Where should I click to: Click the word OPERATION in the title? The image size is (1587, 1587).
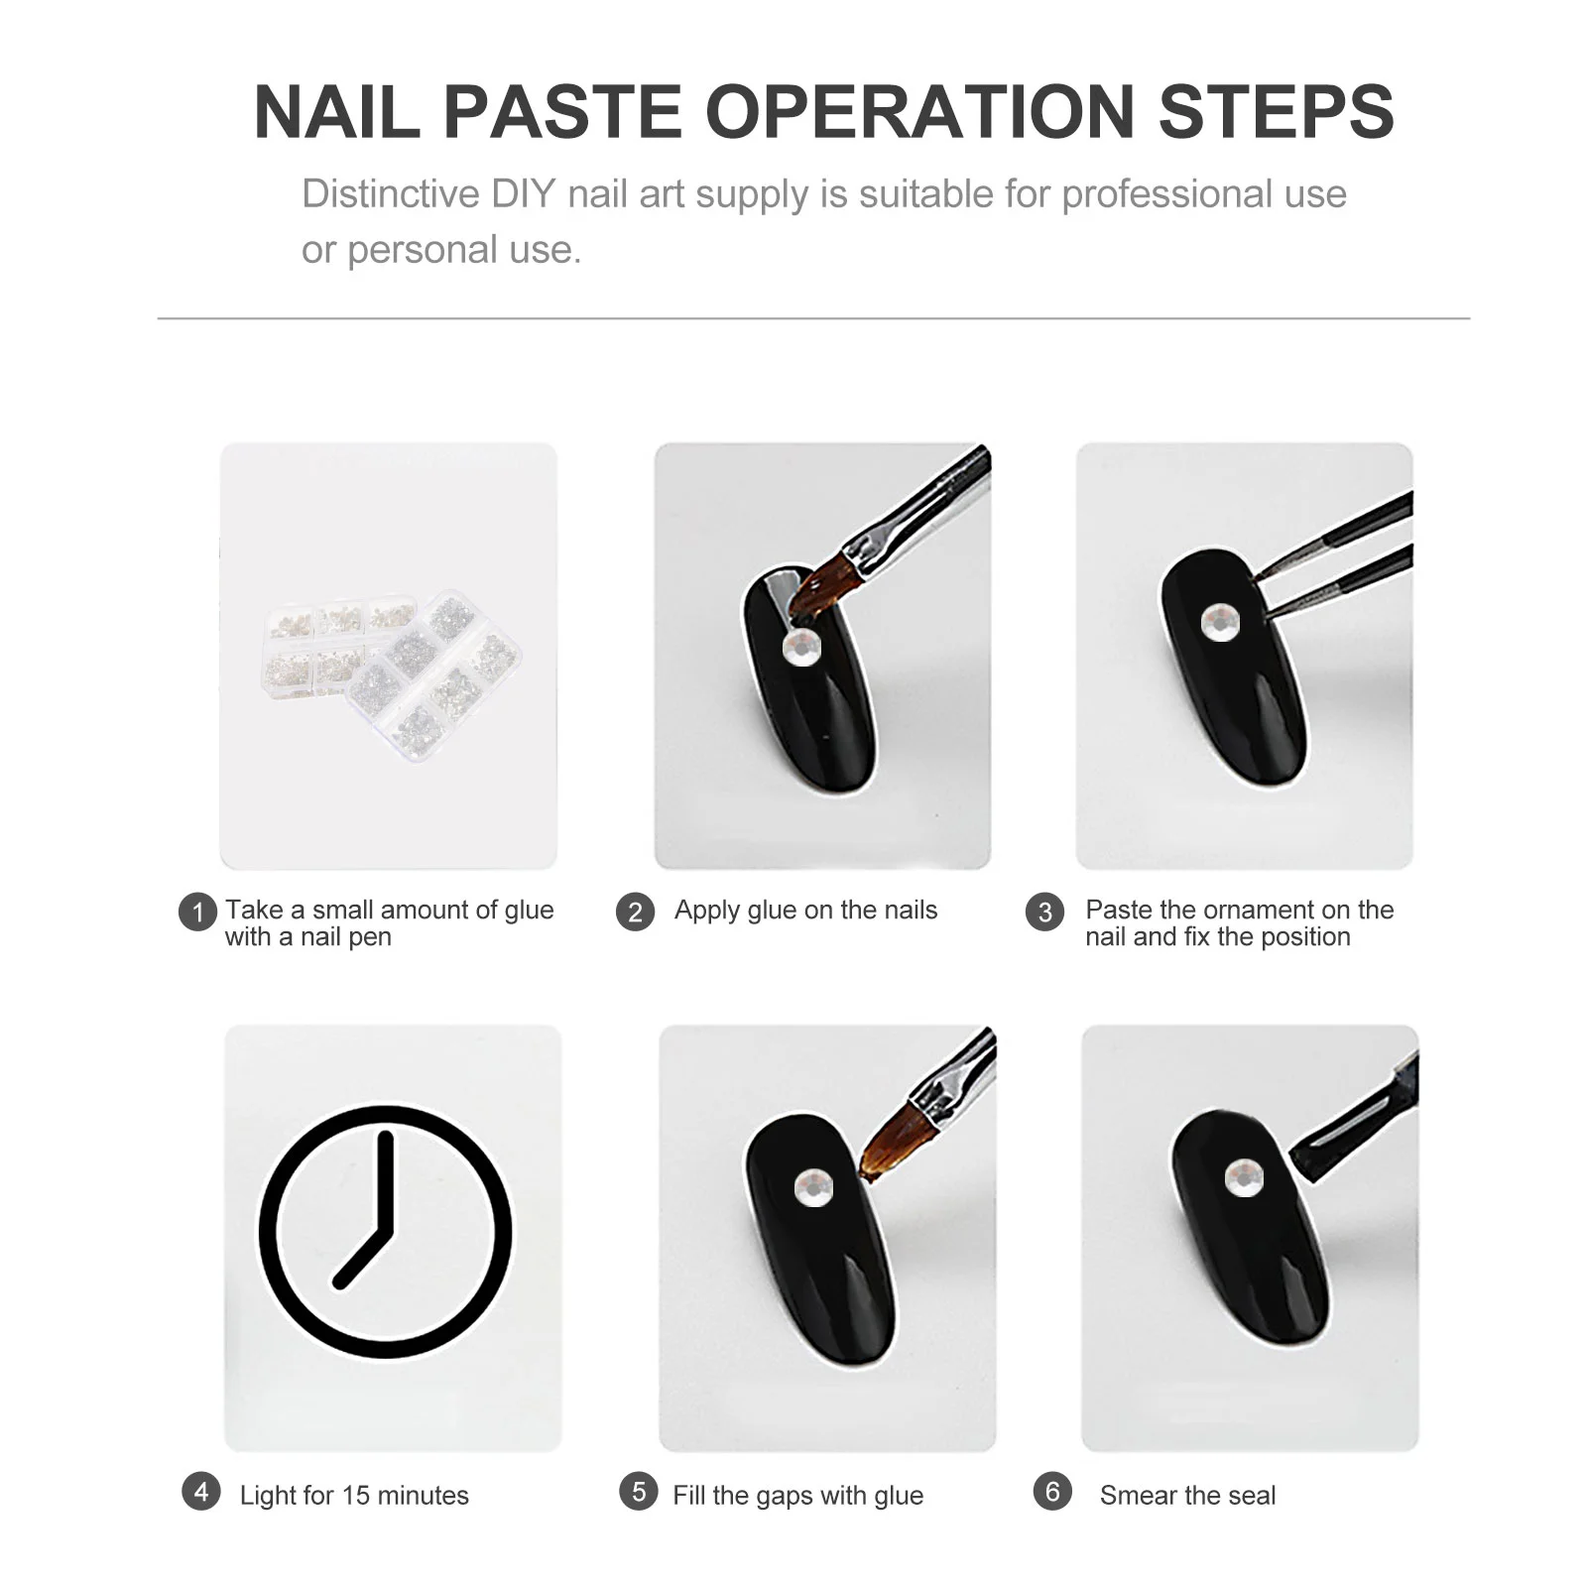[x=919, y=111]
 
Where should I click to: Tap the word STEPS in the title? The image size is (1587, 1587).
[x=1277, y=111]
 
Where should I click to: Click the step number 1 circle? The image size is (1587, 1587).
[x=197, y=913]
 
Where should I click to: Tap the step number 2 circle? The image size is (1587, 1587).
[x=635, y=913]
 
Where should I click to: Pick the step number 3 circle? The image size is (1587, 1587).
[x=1044, y=913]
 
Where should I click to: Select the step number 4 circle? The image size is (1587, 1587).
[x=201, y=1492]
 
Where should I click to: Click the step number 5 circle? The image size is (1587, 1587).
[x=639, y=1492]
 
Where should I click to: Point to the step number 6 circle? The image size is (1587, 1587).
[x=1052, y=1492]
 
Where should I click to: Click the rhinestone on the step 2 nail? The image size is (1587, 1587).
[x=800, y=648]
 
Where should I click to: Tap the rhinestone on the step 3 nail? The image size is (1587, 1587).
[x=1220, y=623]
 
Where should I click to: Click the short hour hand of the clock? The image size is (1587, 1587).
[x=363, y=1259]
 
